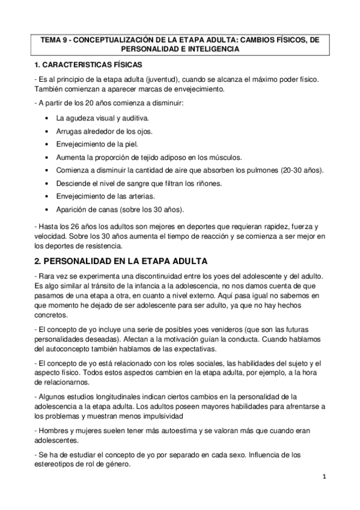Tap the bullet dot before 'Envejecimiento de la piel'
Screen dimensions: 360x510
pos(47,144)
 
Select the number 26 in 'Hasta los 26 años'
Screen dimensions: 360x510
pos(74,226)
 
